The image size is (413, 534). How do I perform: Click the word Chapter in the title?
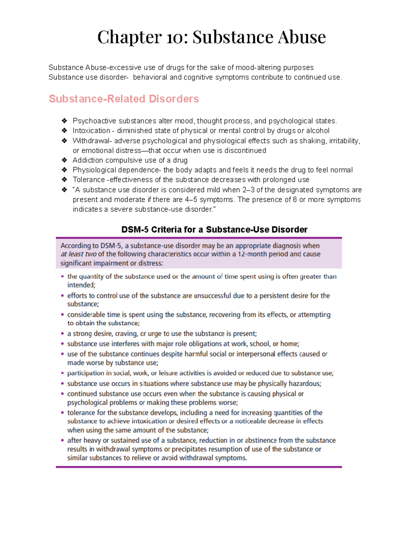tap(129, 37)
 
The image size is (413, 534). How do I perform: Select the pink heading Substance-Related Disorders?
tap(124, 99)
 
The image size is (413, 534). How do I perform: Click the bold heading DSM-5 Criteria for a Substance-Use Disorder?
tap(214, 229)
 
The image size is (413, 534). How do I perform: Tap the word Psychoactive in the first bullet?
tap(94, 121)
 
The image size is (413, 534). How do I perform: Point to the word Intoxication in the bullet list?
tap(91, 131)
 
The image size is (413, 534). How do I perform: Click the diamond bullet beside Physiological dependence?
tap(64, 170)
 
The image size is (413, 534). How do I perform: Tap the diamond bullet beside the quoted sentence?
tap(64, 190)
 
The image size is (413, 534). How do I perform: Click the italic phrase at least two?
tap(78, 254)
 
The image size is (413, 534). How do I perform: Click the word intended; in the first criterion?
tap(81, 285)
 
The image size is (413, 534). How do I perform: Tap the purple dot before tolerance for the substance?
tap(62, 413)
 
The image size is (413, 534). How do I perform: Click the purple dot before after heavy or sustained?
tap(62, 440)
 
